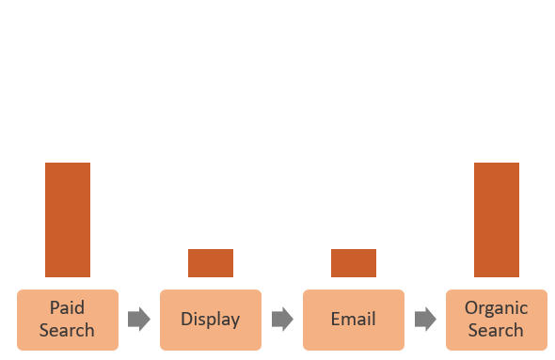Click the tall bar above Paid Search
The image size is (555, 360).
[68, 220]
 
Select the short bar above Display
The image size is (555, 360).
[211, 263]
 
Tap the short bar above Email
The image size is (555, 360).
[354, 263]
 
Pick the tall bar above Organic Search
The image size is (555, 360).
[497, 220]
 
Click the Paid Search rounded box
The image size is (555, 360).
[68, 320]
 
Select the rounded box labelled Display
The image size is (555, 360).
[211, 320]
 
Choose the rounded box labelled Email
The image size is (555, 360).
[354, 320]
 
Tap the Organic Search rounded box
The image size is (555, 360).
[497, 320]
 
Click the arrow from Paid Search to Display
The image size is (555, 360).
[139, 320]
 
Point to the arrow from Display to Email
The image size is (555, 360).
[282, 320]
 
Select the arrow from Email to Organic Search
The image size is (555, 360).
[425, 320]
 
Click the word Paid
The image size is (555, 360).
[68, 308]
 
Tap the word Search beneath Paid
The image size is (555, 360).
[68, 330]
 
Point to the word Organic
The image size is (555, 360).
[497, 308]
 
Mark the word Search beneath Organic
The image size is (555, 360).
[497, 330]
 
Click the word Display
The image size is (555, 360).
[211, 320]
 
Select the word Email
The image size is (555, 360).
[354, 320]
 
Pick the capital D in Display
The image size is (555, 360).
[187, 319]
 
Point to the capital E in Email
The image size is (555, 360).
[336, 319]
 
